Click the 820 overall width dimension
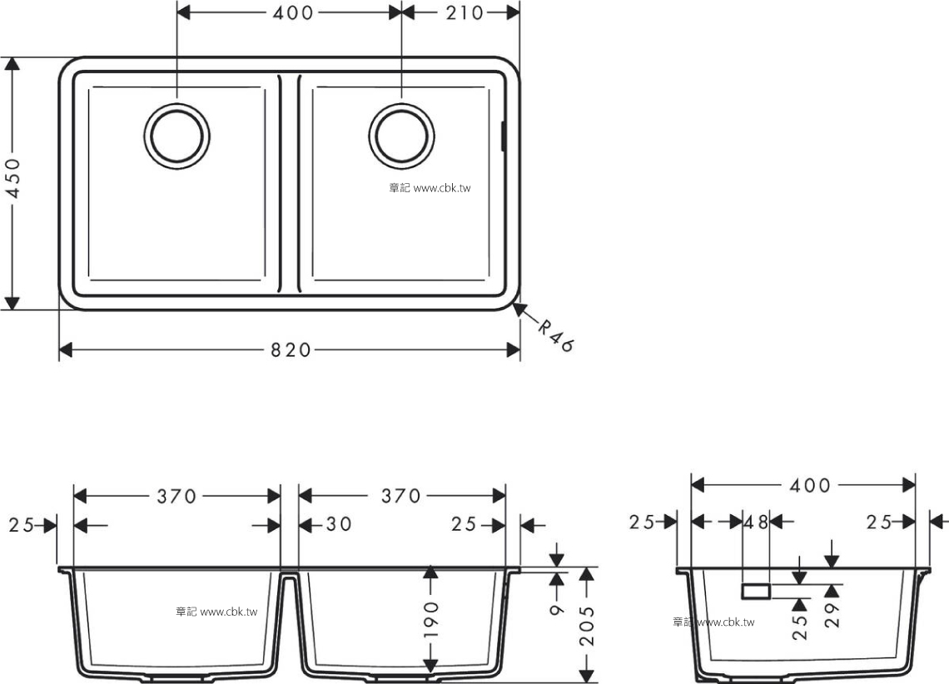290,349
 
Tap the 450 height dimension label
12,178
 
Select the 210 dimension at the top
465,12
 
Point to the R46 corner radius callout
555,335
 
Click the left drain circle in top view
177,104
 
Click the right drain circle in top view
402,104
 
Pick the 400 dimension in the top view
293,12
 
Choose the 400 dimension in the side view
810,485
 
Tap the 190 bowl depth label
431,619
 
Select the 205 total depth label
587,627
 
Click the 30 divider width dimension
338,523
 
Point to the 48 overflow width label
756,521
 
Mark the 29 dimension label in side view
832,614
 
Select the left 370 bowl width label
176,497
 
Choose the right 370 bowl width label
400,496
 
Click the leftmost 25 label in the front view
21,525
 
